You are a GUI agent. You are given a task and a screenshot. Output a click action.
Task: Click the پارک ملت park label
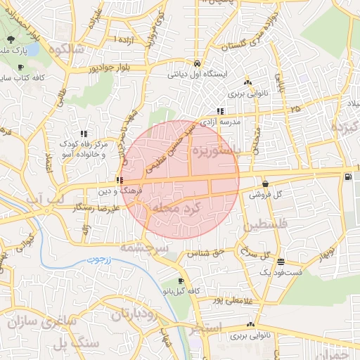13,51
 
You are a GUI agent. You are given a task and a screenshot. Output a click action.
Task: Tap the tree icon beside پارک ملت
12,39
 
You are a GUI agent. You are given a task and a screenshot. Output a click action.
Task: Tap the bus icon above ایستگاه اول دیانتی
197,62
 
